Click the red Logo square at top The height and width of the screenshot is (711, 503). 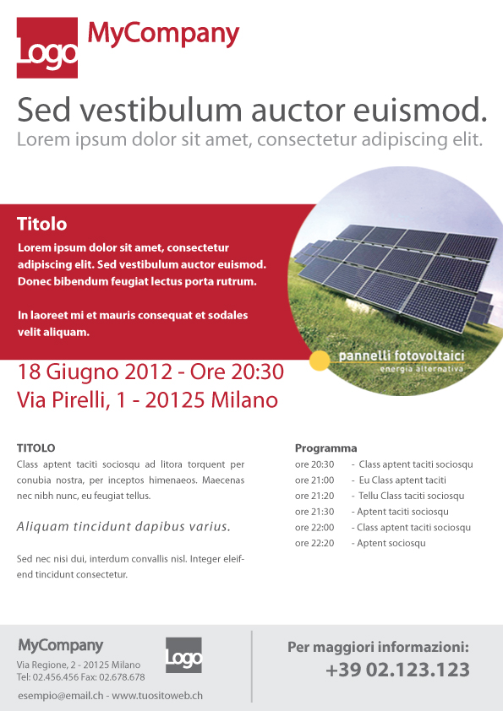[47, 48]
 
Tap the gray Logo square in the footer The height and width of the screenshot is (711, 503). [183, 655]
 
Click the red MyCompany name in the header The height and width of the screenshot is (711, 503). [164, 34]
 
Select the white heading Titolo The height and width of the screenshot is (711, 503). [41, 225]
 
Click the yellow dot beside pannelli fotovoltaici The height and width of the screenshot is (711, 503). [319, 361]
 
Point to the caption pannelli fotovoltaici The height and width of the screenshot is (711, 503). [401, 357]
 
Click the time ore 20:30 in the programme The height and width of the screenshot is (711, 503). [314, 464]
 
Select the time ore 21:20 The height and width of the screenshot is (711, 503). [314, 496]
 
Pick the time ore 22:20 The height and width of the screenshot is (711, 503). [314, 543]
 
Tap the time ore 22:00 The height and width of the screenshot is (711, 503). [314, 528]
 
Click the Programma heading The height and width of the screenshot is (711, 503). [325, 448]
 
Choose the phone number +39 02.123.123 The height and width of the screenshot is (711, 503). [396, 670]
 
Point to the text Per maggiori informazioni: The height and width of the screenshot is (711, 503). [378, 648]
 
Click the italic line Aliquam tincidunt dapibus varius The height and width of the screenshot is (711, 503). [123, 527]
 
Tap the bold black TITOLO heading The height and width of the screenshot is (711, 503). [36, 448]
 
